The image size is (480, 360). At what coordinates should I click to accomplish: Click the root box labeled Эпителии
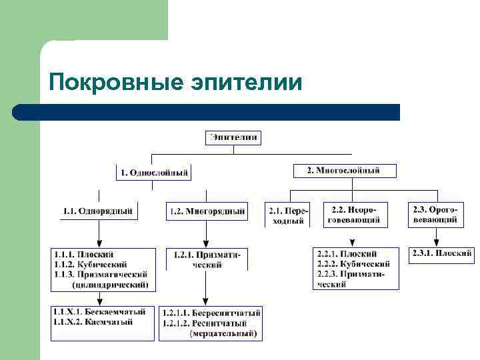(233, 138)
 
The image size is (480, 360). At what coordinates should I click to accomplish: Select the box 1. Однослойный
(153, 173)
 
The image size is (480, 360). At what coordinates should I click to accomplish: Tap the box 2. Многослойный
(345, 171)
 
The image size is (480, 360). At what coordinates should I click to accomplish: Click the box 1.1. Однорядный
(99, 211)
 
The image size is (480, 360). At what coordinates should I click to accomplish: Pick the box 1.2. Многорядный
(207, 212)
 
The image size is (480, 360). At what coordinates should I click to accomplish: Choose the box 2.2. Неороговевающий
(355, 214)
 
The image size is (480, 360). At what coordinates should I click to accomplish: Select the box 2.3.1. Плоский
(442, 254)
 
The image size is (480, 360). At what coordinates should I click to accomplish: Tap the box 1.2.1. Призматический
(207, 259)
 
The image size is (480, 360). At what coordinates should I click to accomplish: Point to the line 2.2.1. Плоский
(347, 254)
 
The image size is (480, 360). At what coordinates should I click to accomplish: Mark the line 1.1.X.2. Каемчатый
(94, 322)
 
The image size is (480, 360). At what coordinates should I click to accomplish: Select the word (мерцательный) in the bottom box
(223, 333)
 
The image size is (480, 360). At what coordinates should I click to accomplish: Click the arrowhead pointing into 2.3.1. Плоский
(437, 242)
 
